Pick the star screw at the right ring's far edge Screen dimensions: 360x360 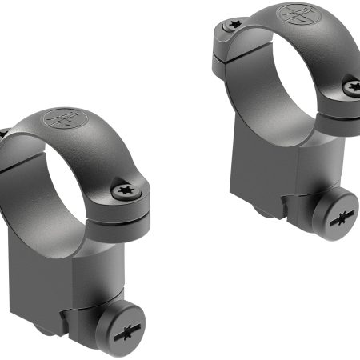pos(352,86)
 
